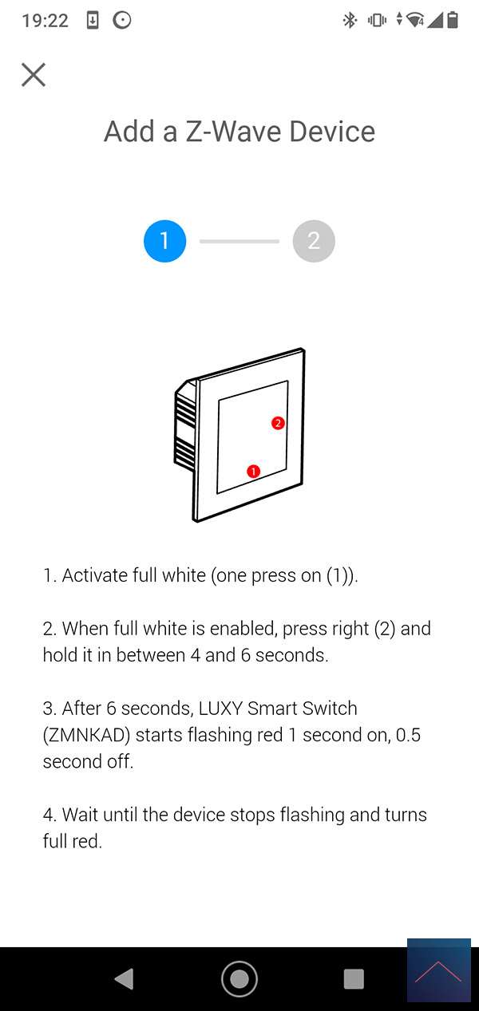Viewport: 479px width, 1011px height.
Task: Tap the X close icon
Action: [34, 74]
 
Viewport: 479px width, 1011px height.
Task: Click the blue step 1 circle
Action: [164, 241]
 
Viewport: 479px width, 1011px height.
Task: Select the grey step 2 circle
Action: [314, 241]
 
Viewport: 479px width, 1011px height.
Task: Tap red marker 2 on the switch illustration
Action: [278, 423]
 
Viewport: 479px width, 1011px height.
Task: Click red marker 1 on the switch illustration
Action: [254, 472]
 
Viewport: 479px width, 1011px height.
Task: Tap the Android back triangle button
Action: [125, 979]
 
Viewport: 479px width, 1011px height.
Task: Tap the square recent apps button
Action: [354, 979]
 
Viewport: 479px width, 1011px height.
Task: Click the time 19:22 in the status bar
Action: [46, 21]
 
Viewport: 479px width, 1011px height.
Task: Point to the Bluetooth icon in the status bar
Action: [350, 20]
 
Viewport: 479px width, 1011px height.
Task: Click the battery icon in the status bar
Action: [453, 20]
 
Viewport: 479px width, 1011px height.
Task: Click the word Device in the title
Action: [332, 132]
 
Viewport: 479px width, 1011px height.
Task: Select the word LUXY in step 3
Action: [221, 709]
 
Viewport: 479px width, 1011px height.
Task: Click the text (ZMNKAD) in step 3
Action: [87, 735]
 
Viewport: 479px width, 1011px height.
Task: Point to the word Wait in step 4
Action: [80, 815]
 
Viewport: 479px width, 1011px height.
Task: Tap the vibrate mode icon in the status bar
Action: [377, 20]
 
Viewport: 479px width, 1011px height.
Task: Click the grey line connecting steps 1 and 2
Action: [239, 242]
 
